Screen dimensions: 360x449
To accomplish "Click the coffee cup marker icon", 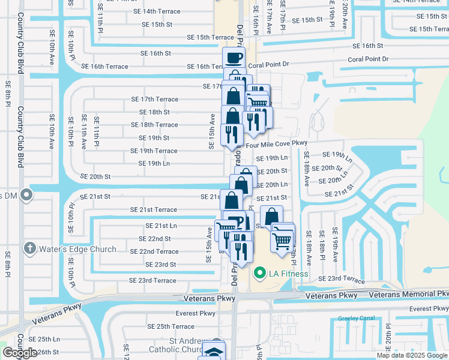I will pos(234,58).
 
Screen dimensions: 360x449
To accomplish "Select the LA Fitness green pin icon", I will pos(260,274).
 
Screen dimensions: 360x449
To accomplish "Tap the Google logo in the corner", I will pos(20,353).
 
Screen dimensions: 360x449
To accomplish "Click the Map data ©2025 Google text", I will pos(412,355).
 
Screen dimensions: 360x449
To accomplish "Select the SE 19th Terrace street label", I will pos(158,151).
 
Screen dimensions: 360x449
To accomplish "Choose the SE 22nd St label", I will pos(155,238).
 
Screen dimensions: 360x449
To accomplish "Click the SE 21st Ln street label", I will pos(161,226).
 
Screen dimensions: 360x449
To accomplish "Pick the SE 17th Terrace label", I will pos(155,99).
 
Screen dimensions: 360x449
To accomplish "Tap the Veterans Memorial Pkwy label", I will pos(408,294).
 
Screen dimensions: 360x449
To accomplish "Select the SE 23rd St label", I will pos(157,264).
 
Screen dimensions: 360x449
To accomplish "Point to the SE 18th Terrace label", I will pos(155,125).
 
